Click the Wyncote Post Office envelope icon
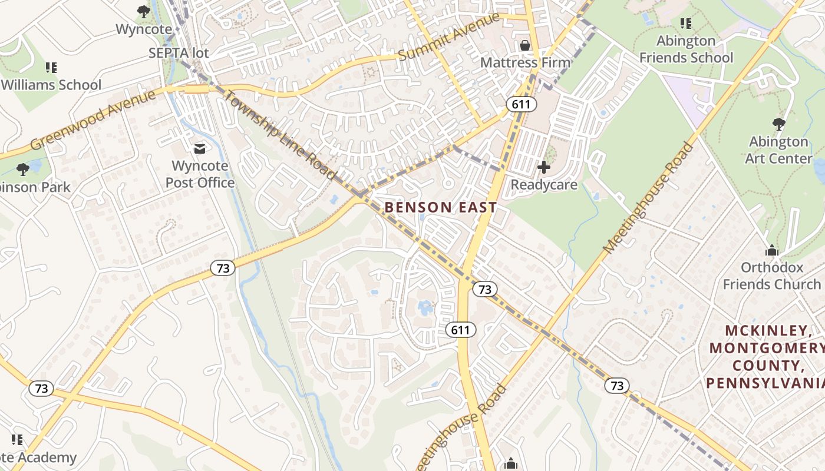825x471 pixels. tap(200, 148)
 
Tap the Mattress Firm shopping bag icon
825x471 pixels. tap(524, 45)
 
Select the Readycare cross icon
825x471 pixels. tap(543, 167)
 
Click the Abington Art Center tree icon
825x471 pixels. tap(778, 124)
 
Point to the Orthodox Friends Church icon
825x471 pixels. tap(771, 251)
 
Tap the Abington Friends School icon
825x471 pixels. tap(685, 24)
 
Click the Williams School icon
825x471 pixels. tap(51, 68)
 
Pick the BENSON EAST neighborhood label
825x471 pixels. tap(441, 208)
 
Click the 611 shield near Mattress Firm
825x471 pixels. tap(521, 105)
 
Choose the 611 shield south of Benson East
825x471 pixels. tap(460, 330)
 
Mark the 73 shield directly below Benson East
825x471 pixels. tap(484, 289)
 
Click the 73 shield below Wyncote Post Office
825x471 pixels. tap(223, 268)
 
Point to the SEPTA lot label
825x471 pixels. tap(179, 52)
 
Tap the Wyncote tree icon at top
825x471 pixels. tap(143, 11)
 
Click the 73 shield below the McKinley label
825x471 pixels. tap(616, 386)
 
